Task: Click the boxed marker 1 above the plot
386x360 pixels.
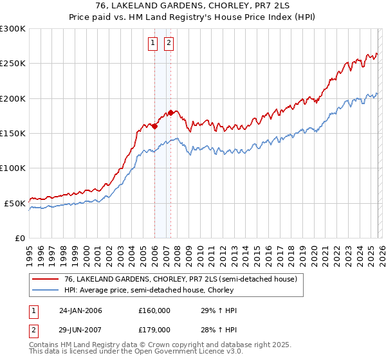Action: click(153, 43)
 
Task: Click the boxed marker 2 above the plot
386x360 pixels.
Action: click(169, 43)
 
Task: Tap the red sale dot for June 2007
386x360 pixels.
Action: click(170, 113)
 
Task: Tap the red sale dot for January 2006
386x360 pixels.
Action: click(154, 126)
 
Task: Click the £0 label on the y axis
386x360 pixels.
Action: click(20, 238)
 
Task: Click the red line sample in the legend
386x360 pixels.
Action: click(46, 280)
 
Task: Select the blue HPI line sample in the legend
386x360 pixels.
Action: click(46, 290)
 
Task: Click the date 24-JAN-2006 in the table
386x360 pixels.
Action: click(80, 310)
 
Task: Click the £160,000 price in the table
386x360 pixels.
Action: click(154, 310)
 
